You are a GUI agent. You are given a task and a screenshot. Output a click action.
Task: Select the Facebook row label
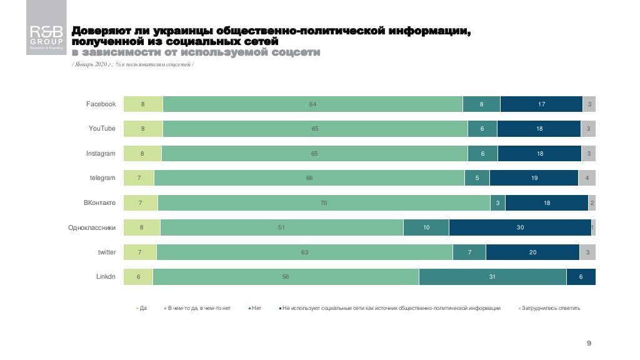[x=101, y=104]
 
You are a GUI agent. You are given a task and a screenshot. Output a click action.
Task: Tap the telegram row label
[x=102, y=178]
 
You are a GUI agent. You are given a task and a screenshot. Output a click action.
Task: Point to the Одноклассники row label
[x=92, y=227]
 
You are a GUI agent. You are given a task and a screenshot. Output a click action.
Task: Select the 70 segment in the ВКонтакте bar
[x=324, y=203]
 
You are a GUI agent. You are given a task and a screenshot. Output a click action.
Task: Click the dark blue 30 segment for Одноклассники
[x=520, y=227]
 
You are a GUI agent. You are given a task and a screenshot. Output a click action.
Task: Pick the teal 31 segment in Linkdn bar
[x=492, y=277]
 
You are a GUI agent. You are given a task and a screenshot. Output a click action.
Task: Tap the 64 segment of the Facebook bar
[x=312, y=104]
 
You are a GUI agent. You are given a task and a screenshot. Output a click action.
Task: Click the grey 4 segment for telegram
[x=587, y=178]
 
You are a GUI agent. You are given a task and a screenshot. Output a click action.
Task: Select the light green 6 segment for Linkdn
[x=138, y=277]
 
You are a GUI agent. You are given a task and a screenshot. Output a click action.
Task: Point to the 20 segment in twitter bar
[x=532, y=252]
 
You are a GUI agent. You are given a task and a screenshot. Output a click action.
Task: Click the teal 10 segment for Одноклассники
[x=426, y=227]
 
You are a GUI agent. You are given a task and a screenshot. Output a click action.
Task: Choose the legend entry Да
[x=142, y=308]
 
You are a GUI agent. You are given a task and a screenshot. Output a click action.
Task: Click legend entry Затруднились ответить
[x=551, y=308]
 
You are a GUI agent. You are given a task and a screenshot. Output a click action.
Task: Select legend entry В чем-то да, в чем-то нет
[x=199, y=308]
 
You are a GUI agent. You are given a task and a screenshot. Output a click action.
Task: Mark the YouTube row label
[x=102, y=129]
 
